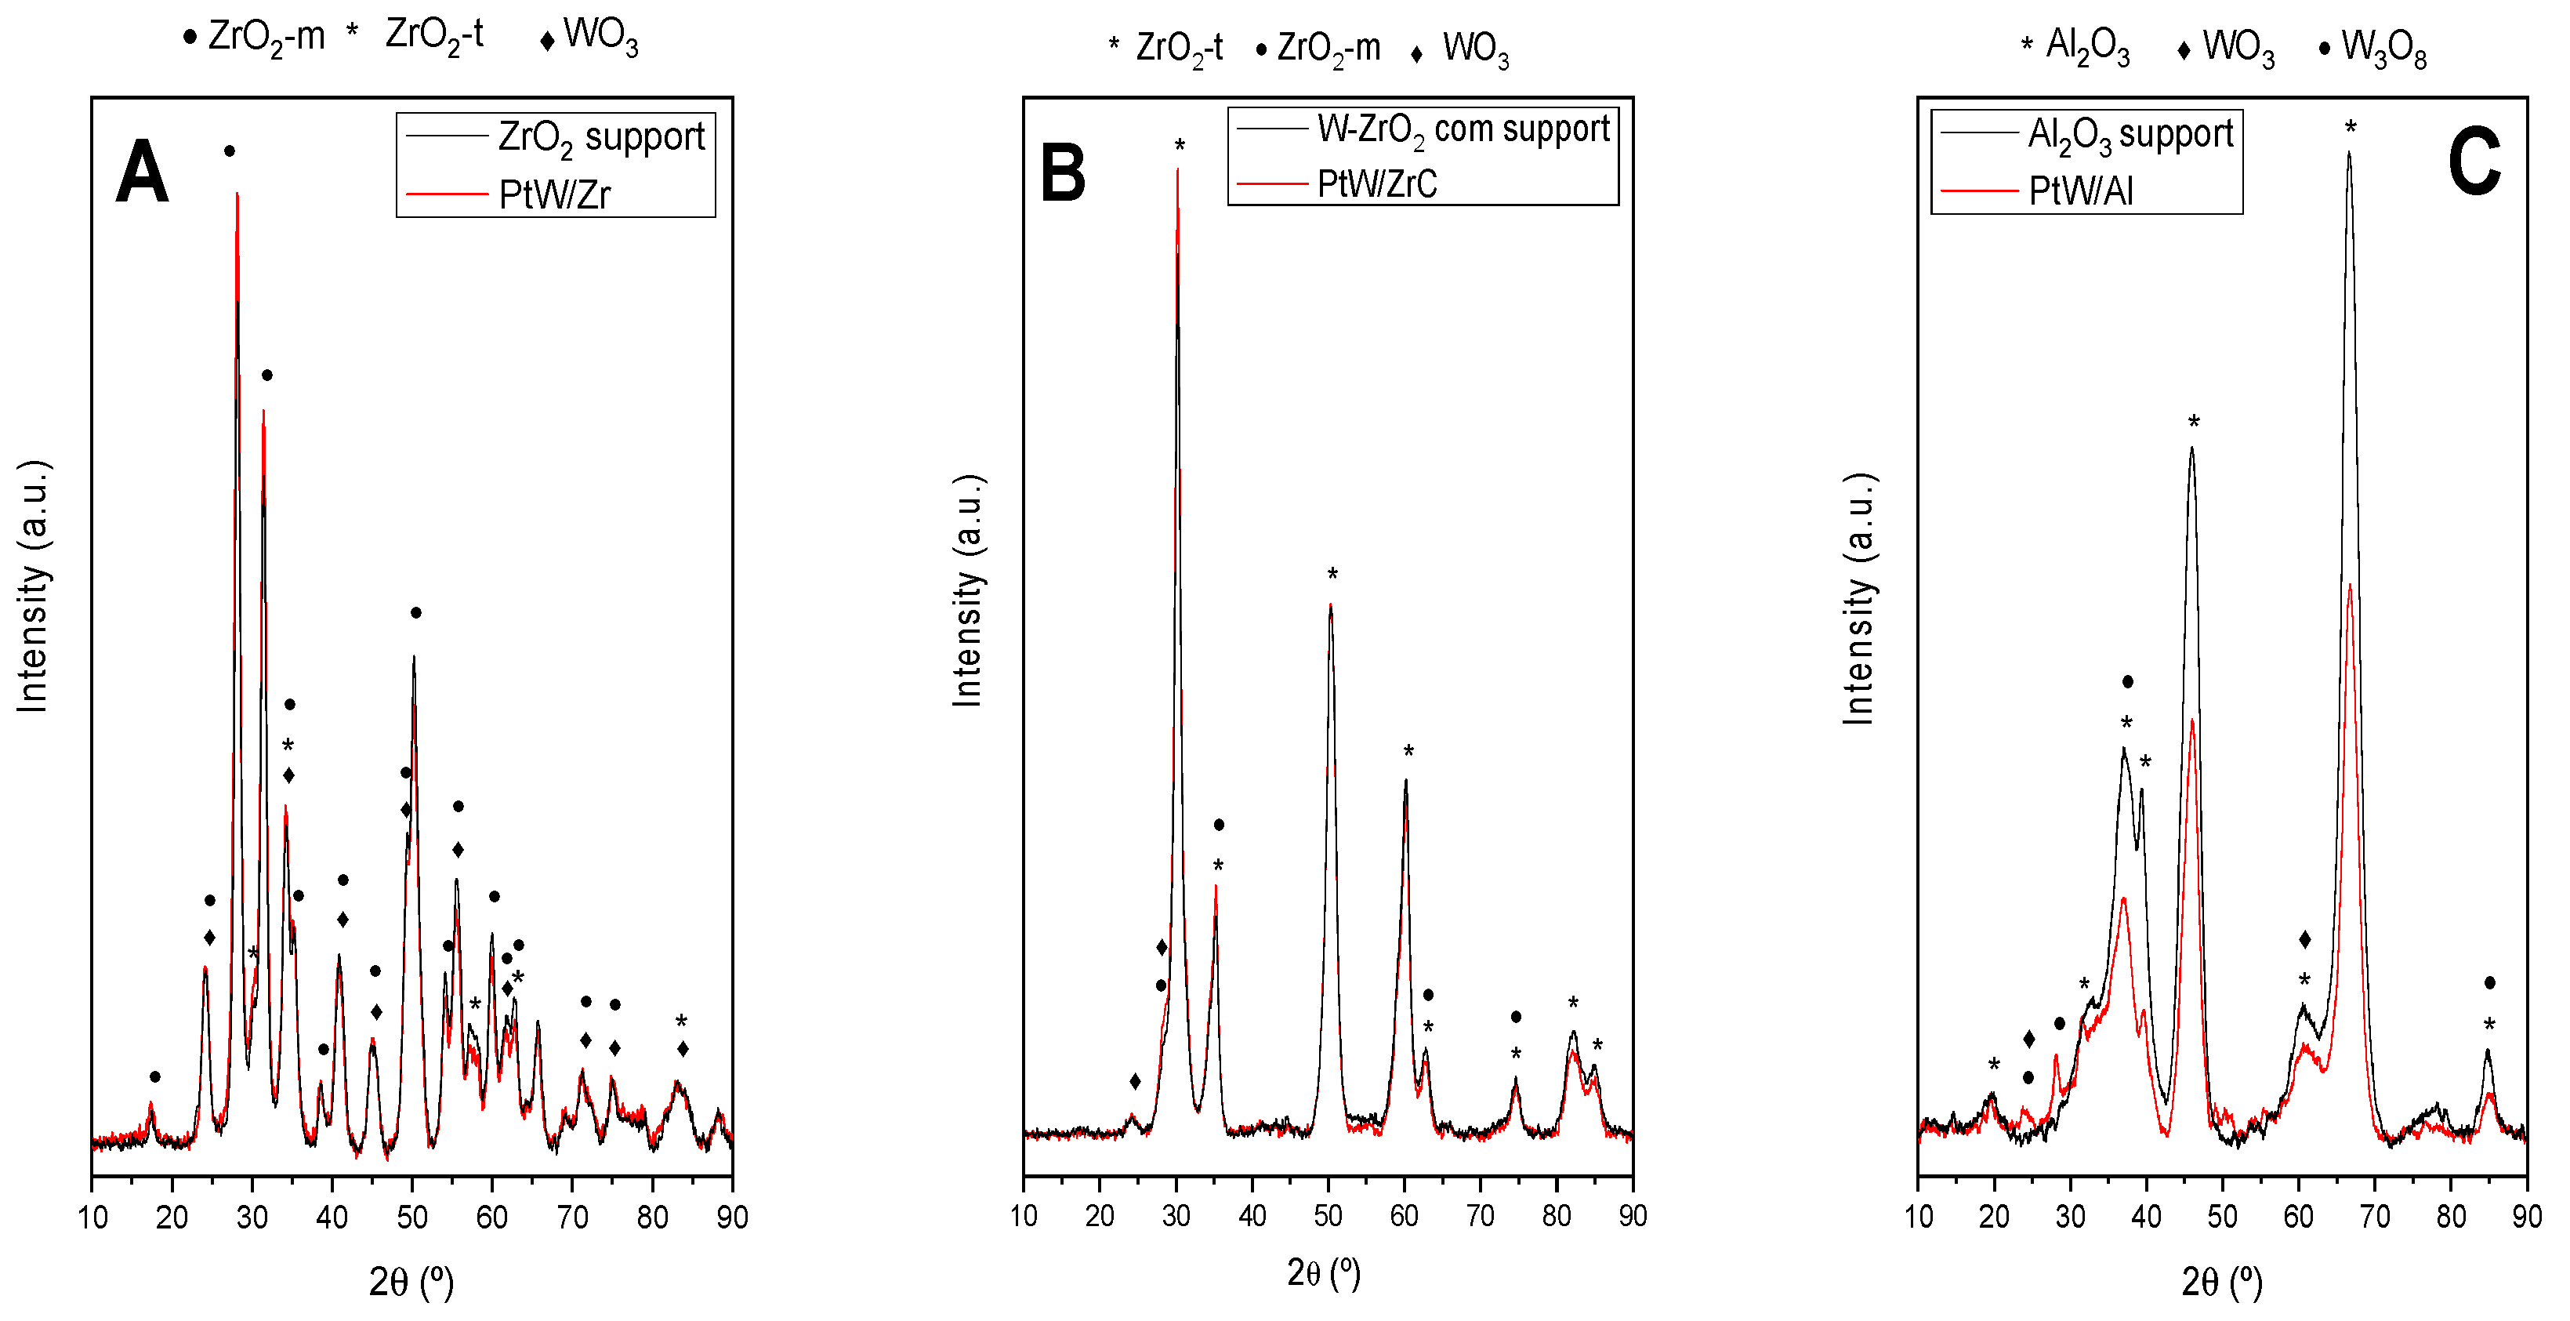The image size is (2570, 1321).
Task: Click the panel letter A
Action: click(x=142, y=172)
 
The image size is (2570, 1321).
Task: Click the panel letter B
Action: click(x=1063, y=172)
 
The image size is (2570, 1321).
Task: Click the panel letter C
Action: click(x=2474, y=162)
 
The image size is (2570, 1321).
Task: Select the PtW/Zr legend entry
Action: click(x=553, y=194)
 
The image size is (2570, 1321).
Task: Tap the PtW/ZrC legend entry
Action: click(x=1377, y=183)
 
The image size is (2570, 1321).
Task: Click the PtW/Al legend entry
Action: click(x=2080, y=191)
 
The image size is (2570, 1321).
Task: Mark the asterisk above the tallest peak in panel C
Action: click(x=2351, y=128)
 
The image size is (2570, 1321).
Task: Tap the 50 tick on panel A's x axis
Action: click(x=412, y=1216)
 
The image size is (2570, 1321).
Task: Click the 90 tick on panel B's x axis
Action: click(x=1632, y=1214)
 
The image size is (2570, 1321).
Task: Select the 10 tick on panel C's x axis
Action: click(x=1919, y=1216)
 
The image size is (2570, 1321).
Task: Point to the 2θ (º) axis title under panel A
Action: click(x=411, y=1281)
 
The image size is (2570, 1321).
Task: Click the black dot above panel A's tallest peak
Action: click(x=230, y=151)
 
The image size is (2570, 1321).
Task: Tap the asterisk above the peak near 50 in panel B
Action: click(x=1332, y=575)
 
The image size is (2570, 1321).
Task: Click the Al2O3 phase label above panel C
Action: click(x=2087, y=46)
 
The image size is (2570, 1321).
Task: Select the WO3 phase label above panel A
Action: click(x=600, y=36)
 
